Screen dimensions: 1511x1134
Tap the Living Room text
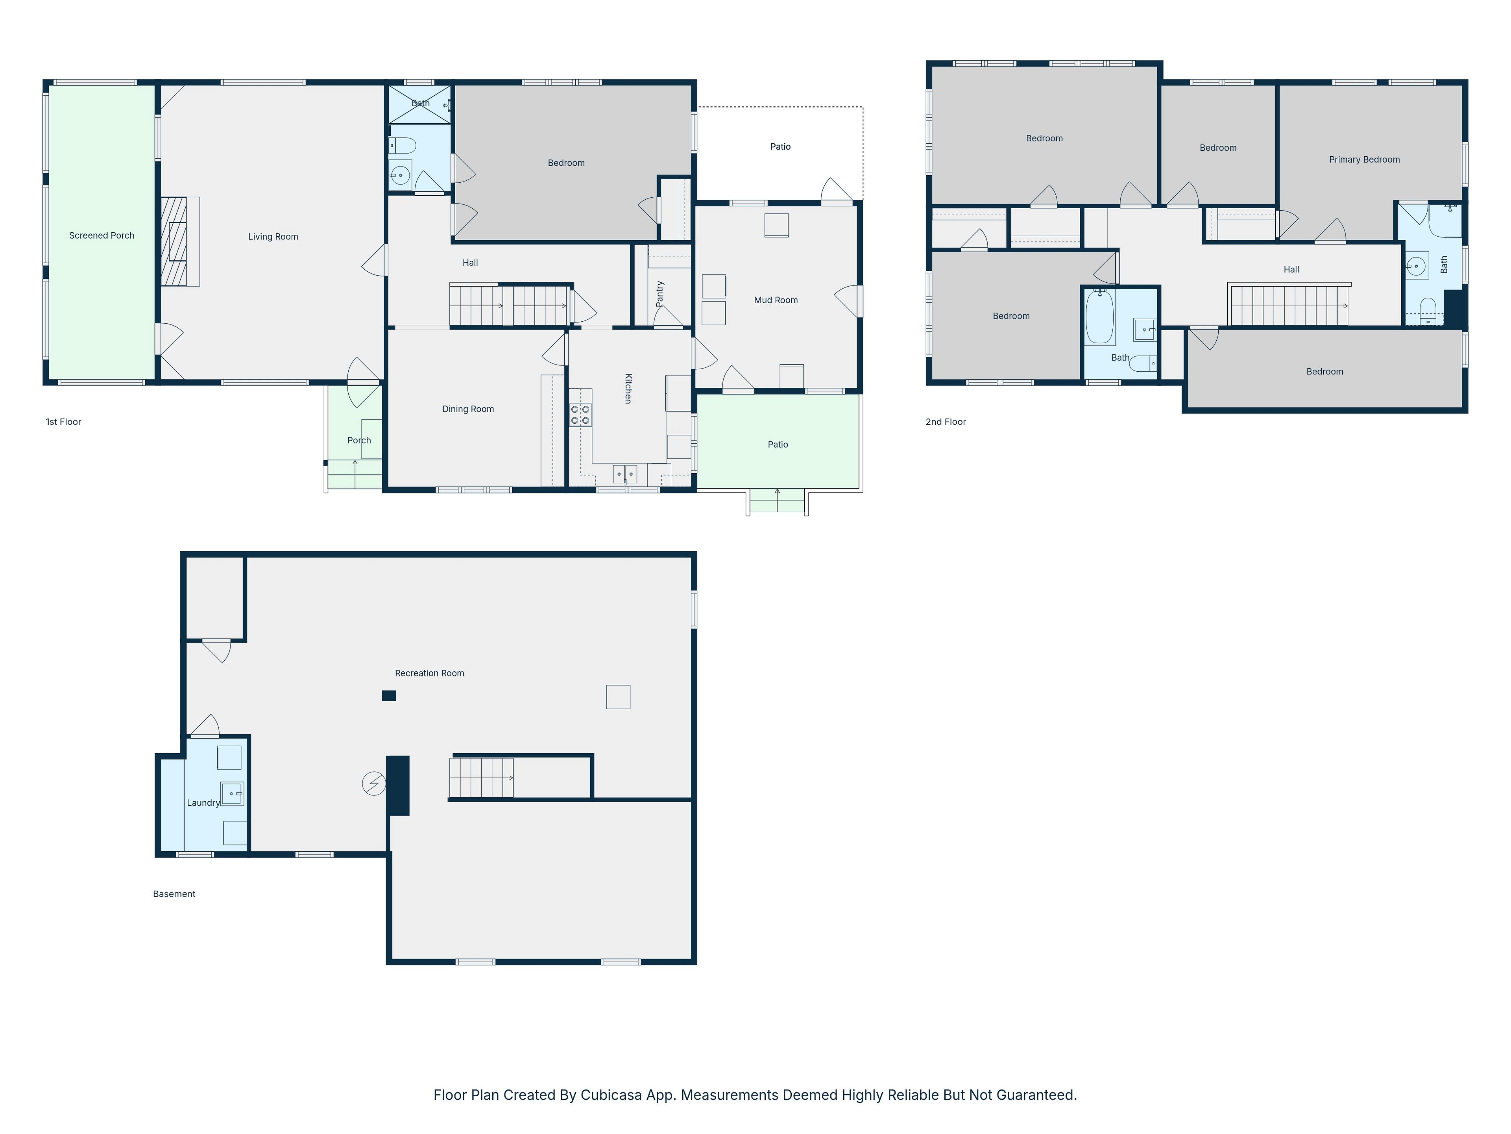click(x=273, y=237)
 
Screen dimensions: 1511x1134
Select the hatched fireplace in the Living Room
click(x=174, y=241)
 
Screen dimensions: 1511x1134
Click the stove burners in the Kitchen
click(x=581, y=415)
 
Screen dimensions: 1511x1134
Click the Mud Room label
click(x=776, y=300)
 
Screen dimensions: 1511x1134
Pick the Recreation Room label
click(x=430, y=673)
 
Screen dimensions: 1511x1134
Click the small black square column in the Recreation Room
click(x=389, y=696)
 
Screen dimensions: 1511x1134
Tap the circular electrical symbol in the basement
click(x=374, y=783)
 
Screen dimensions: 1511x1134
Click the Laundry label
click(x=203, y=803)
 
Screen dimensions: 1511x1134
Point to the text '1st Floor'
click(x=63, y=422)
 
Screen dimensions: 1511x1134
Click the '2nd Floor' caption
click(x=946, y=422)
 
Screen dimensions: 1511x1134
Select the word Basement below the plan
click(x=174, y=894)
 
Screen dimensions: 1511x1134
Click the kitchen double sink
click(x=625, y=473)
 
